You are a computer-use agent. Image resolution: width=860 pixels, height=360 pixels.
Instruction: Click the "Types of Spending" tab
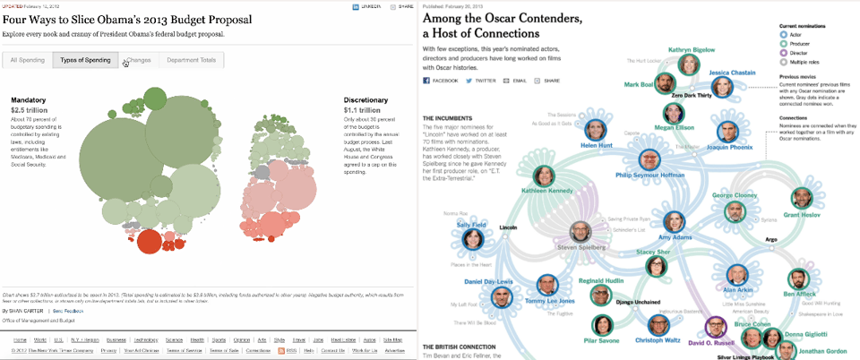[x=85, y=60]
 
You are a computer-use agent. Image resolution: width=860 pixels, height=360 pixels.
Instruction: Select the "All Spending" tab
[x=27, y=60]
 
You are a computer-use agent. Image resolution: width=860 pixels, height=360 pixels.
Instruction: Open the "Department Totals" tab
[x=191, y=60]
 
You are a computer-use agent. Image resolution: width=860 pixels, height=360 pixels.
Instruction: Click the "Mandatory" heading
[x=29, y=99]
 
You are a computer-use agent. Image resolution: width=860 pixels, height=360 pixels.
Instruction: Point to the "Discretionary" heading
[x=366, y=99]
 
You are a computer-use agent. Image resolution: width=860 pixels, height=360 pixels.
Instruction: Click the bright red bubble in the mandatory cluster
[x=149, y=242]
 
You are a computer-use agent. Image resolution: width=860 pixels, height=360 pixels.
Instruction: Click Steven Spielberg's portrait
[x=580, y=232]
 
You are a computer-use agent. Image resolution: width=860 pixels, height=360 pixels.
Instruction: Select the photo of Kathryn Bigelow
[x=689, y=64]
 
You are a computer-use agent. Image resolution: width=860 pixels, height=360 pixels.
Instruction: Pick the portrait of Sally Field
[x=472, y=240]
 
